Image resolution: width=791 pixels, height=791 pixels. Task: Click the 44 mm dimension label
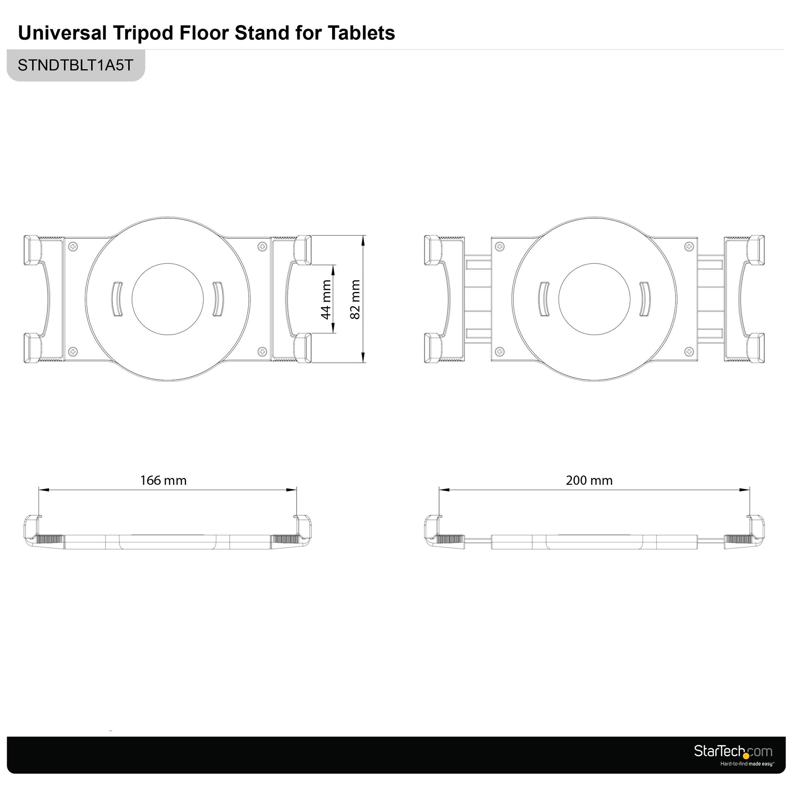(x=326, y=299)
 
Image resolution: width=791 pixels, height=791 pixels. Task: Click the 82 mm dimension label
(x=355, y=299)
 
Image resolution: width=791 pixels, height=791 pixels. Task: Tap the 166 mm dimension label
(x=163, y=480)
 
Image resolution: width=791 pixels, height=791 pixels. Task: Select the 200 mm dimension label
(x=589, y=480)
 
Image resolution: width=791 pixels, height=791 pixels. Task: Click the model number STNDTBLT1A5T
(x=76, y=65)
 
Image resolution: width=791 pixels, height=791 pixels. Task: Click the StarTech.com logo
(x=733, y=751)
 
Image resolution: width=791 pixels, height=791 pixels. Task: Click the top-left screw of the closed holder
(x=73, y=246)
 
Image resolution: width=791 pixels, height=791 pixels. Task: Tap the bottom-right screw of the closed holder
(x=262, y=351)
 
